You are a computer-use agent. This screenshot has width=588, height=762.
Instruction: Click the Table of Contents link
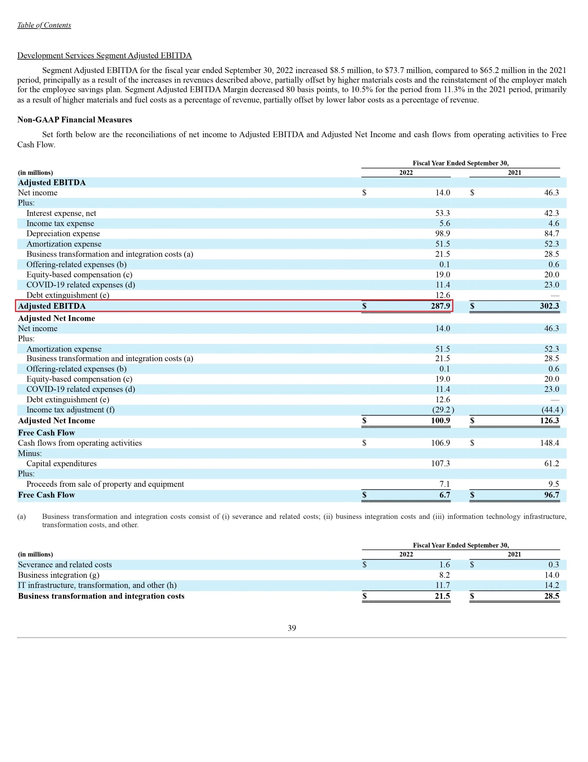click(44, 25)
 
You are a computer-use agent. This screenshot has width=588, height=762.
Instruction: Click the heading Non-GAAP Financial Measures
click(75, 120)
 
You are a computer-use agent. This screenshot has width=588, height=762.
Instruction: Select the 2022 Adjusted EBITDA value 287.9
click(440, 306)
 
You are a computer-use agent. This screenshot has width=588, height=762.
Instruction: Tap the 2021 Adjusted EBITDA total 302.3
click(549, 306)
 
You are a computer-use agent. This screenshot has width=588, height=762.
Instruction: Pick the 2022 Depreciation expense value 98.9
click(442, 233)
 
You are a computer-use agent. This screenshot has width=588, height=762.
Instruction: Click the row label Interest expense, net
click(61, 213)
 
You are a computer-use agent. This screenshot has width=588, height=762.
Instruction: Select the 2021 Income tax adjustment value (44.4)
click(552, 410)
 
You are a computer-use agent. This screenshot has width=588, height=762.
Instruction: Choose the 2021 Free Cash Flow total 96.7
click(551, 495)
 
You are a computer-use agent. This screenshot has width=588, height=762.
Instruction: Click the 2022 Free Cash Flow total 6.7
click(444, 495)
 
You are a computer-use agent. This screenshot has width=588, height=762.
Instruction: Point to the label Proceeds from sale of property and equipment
click(105, 484)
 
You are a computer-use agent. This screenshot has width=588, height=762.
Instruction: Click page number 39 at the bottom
click(292, 628)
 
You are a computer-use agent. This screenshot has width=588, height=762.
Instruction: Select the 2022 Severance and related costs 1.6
click(444, 565)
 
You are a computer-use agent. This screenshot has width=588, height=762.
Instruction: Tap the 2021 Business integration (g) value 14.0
click(551, 575)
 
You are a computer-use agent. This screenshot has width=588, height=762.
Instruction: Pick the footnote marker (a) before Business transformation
click(22, 517)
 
